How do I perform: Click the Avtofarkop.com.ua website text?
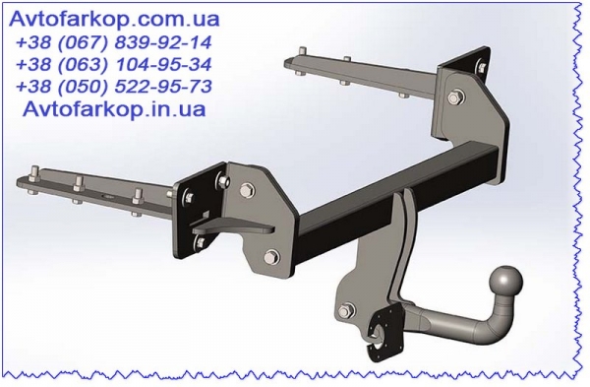coord(114,19)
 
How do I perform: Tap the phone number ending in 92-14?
coord(114,42)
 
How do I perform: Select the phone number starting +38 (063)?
coord(114,64)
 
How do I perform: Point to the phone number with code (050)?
coord(114,87)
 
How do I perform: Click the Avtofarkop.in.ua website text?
coord(114,109)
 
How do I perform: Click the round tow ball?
coord(506,283)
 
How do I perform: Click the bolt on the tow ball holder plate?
coord(346,311)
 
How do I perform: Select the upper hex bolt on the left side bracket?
coord(246,190)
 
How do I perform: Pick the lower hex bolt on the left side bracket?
coord(271,258)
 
